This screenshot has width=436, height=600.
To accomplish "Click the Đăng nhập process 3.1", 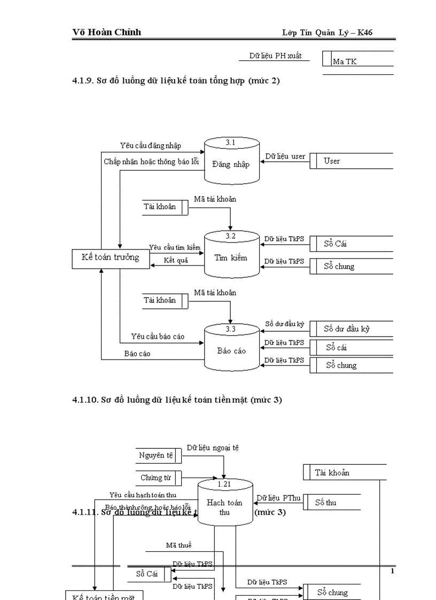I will pos(231,160).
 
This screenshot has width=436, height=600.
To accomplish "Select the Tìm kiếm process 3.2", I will pos(231,255).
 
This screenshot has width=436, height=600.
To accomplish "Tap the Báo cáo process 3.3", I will pos(231,348).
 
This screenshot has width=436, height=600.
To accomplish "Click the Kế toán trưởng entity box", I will pos(111,258).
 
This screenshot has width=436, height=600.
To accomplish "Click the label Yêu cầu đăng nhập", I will pos(150,145).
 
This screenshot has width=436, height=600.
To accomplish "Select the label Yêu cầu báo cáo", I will pos(158,336).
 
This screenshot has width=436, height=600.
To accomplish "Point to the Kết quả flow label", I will pos(176,260).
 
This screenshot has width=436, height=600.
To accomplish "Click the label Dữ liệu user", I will pos(285,157).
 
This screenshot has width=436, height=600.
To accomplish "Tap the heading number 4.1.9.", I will pos(83,81).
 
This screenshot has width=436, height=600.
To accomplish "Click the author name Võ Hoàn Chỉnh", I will pos(107,32).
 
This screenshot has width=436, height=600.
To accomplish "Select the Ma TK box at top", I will pos(358,61).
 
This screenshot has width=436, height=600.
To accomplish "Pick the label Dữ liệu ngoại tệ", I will pos(213,448).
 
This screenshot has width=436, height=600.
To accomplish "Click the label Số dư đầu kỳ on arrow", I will pos(284,324).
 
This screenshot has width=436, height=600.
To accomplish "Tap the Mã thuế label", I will pos(178,545).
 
